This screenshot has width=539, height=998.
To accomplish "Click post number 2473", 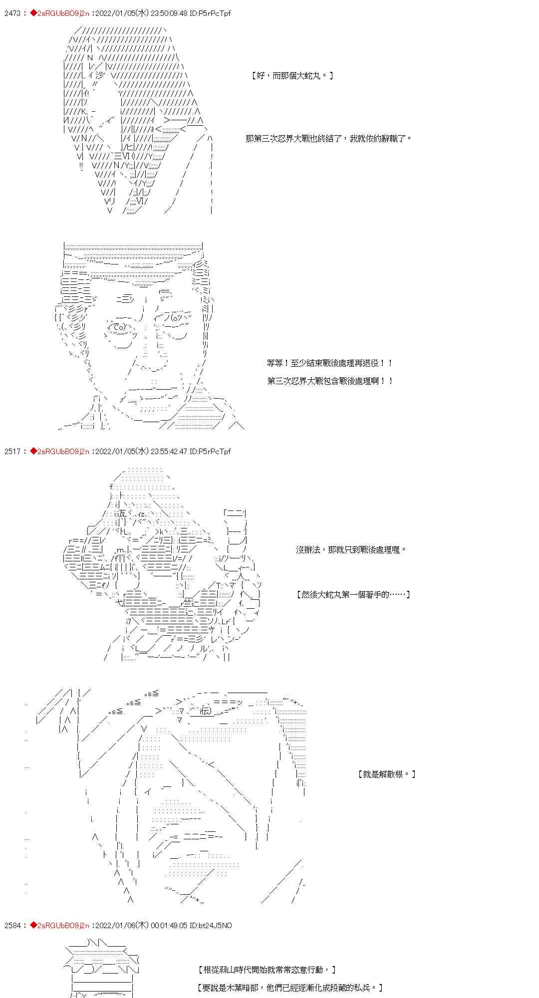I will [x=12, y=13].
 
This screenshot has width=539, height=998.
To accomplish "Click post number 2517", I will [x=12, y=451].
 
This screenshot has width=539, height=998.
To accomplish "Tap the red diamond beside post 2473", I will [x=33, y=13].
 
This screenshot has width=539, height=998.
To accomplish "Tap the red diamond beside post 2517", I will [x=33, y=451].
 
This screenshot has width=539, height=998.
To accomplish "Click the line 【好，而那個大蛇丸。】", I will [x=292, y=75].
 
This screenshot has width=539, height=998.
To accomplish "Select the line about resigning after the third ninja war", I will [x=329, y=138].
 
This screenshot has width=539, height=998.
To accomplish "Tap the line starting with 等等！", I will [x=329, y=363].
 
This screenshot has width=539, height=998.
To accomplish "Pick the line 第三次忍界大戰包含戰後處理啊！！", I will [x=329, y=381].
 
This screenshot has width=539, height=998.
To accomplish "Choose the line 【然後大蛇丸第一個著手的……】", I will [x=353, y=594].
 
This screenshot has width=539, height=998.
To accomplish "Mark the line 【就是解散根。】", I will [x=387, y=774].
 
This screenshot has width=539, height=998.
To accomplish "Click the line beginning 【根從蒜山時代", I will [x=267, y=970].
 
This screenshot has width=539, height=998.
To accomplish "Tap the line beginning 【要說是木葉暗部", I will [x=289, y=987].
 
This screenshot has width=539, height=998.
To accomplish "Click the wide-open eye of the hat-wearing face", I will [x=116, y=327].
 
